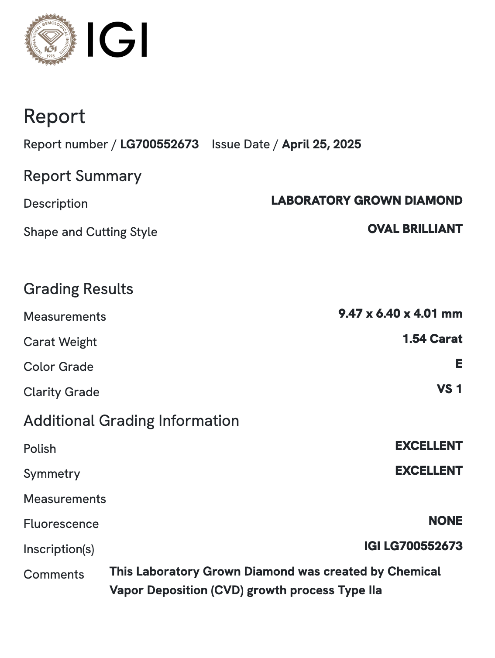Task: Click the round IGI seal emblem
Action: (x=51, y=39)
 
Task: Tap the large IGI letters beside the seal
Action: (x=117, y=40)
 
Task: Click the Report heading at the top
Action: (x=54, y=117)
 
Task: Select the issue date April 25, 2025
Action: (x=321, y=144)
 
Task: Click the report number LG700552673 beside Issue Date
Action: (x=159, y=144)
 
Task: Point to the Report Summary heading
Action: (x=82, y=176)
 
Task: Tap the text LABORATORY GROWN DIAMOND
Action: (x=367, y=201)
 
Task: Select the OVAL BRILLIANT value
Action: (x=415, y=229)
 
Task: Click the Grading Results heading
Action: (x=78, y=289)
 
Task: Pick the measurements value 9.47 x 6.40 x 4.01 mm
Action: (x=400, y=314)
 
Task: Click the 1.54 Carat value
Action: (x=432, y=339)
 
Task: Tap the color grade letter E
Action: (x=459, y=364)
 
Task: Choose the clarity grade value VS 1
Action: (x=449, y=389)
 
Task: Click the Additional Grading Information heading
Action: (x=131, y=421)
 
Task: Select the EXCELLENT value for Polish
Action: (x=429, y=446)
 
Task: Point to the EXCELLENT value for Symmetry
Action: (x=429, y=471)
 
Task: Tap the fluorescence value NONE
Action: (x=445, y=521)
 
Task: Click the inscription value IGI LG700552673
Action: (x=413, y=546)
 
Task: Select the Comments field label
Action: (x=54, y=575)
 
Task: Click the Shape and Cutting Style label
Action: (x=90, y=232)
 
